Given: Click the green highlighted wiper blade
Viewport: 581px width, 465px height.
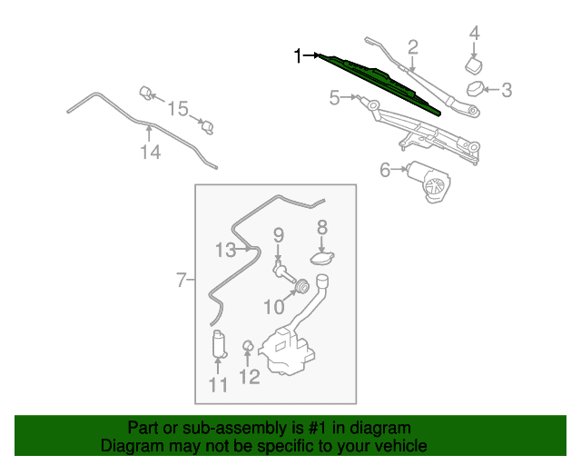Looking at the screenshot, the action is (x=379, y=84).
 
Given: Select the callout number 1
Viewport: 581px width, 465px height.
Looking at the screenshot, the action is (x=297, y=56).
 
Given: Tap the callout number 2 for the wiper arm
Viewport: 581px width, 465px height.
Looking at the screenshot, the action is (x=413, y=47).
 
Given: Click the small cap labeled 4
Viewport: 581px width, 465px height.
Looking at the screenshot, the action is (x=474, y=65).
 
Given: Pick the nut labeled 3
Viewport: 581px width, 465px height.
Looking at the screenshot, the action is (x=475, y=89).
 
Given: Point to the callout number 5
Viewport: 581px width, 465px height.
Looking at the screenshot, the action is (x=335, y=98).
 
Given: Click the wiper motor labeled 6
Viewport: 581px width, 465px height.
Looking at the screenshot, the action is (x=429, y=181).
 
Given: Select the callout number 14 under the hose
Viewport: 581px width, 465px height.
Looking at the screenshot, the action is (x=151, y=152).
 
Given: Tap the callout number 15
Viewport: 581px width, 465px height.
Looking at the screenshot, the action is (x=178, y=109).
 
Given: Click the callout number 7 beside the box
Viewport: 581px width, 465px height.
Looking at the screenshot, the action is (x=181, y=280).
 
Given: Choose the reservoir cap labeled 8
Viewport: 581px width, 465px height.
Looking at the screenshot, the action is (x=322, y=258).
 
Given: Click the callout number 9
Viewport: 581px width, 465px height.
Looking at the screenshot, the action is (x=279, y=235).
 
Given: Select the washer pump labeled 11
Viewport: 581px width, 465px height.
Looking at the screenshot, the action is (x=219, y=344).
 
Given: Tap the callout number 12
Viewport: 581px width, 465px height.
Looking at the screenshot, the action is (x=250, y=377).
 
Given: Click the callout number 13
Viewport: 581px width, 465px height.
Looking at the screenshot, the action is (x=225, y=250).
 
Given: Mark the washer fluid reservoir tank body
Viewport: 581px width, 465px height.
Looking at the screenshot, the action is (x=287, y=351).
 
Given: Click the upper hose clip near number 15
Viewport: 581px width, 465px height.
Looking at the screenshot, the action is (x=146, y=93).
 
